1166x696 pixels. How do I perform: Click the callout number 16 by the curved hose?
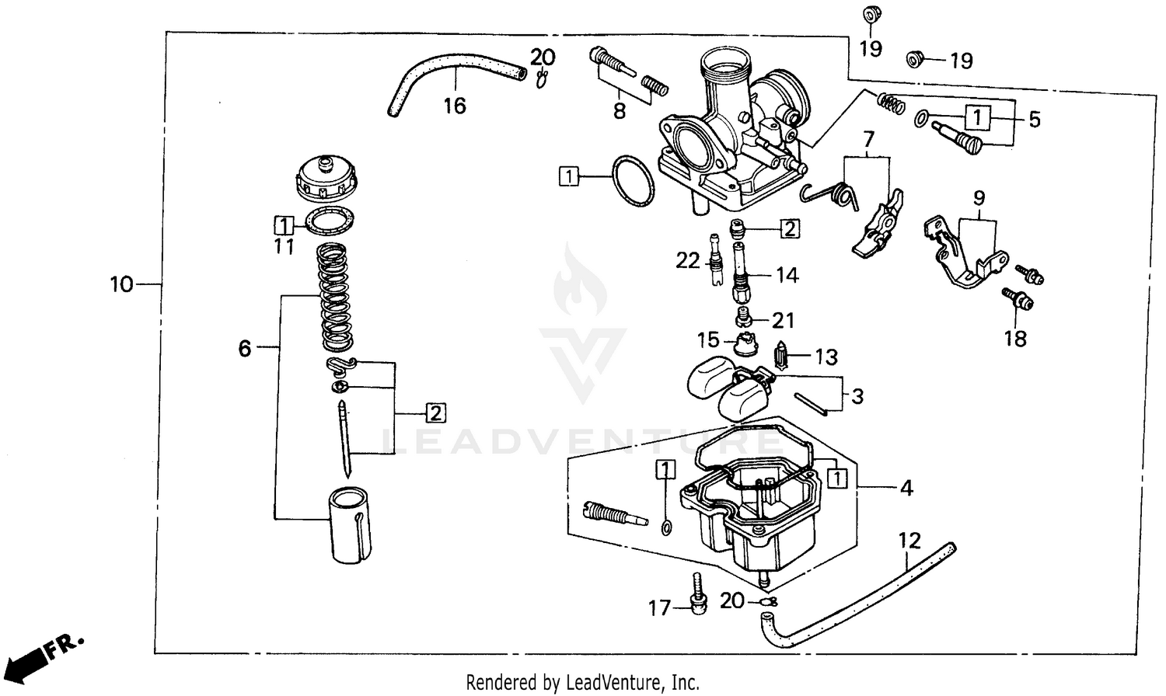[x=454, y=106]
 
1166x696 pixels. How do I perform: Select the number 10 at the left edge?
[x=121, y=284]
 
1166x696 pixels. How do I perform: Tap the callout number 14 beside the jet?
[x=787, y=275]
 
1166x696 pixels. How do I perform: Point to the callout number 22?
[x=687, y=260]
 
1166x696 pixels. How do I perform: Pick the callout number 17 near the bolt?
[x=659, y=607]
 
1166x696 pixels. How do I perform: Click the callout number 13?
[x=826, y=357]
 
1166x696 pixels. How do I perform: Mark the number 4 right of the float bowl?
[x=906, y=488]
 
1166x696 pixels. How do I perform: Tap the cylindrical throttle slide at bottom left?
[x=347, y=524]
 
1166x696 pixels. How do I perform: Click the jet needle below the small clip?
[x=345, y=438]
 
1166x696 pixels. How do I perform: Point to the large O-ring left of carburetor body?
[x=633, y=181]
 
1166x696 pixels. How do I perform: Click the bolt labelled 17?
[x=698, y=595]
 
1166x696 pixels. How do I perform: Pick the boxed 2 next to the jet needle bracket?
[x=435, y=412]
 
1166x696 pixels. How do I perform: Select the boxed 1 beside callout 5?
[x=978, y=118]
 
